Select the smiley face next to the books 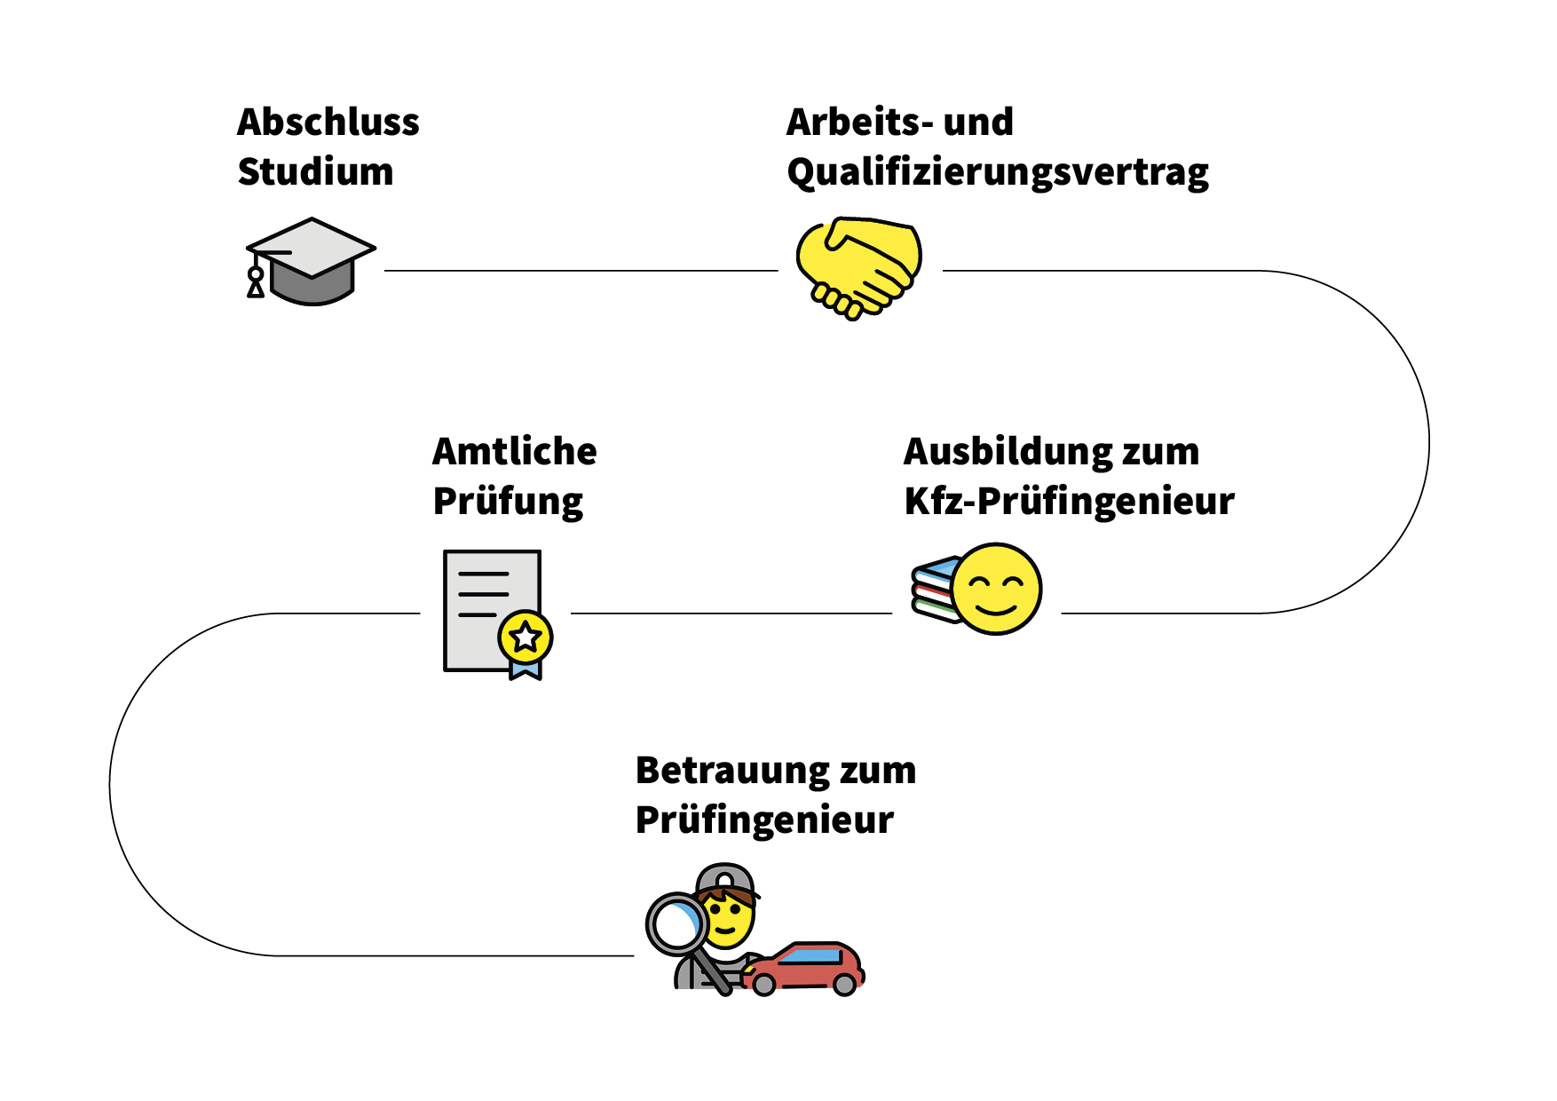[996, 590]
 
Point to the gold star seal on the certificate [526, 636]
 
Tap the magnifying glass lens [676, 924]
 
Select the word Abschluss [328, 123]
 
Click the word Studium [315, 172]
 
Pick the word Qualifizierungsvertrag [997, 173]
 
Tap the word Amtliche [514, 452]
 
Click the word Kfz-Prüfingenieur [1069, 502]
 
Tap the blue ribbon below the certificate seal [526, 669]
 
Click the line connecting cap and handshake [581, 271]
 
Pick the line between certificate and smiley [731, 614]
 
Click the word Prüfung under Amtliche [508, 503]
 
